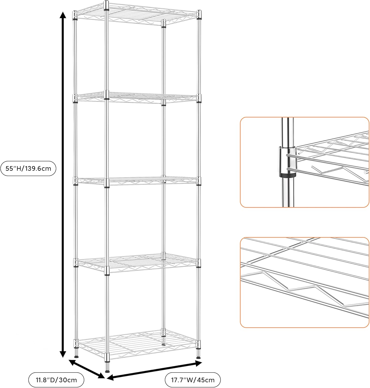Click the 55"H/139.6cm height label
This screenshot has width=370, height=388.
(x=28, y=169)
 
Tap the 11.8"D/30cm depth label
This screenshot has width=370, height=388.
(x=56, y=380)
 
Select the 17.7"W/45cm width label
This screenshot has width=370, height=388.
(x=193, y=380)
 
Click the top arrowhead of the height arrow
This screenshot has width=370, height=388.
(x=62, y=16)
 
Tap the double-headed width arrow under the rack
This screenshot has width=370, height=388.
(x=154, y=371)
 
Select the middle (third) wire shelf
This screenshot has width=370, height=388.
(x=137, y=181)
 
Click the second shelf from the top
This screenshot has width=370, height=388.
(x=137, y=98)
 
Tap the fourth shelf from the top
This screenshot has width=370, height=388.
(x=137, y=263)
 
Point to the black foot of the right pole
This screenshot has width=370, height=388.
(x=198, y=357)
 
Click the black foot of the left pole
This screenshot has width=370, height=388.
(x=76, y=356)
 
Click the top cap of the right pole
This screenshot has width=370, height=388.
(x=199, y=12)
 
